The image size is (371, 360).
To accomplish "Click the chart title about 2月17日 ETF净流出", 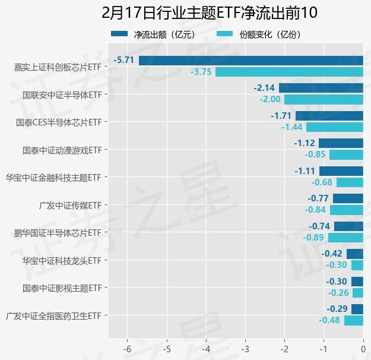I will click(209, 12).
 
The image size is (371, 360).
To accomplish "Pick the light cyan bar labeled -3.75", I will click(289, 72).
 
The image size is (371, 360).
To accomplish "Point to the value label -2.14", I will click(264, 88).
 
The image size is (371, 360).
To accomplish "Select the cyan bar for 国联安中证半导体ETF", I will click(324, 99).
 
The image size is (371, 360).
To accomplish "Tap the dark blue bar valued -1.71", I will click(329, 116).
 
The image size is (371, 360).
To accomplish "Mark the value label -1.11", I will click(305, 170).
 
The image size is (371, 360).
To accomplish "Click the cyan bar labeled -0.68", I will click(350, 182).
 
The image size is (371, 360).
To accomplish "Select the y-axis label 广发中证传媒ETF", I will click(69, 205).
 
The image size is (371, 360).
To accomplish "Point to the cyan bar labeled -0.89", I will click(345, 238).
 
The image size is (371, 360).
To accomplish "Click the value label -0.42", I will click(332, 254).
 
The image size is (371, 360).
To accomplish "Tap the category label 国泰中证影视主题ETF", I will click(62, 288).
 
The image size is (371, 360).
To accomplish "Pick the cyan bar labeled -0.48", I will click(353, 320).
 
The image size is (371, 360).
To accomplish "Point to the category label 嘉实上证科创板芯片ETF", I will click(58, 67).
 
